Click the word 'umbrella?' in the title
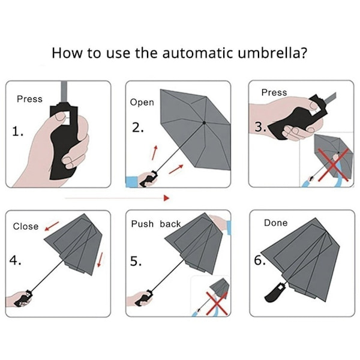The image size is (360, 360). (x=272, y=53)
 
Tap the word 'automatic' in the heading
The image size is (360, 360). (x=197, y=53)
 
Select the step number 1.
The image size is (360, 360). (x=17, y=131)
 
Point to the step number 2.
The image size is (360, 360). (x=138, y=128)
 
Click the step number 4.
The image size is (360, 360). (x=15, y=260)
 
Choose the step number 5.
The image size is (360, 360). (x=136, y=261)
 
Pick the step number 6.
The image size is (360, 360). (x=260, y=260)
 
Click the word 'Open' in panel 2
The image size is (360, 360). (x=142, y=103)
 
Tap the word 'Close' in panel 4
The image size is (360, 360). (x=26, y=226)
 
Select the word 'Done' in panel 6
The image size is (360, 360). (x=276, y=223)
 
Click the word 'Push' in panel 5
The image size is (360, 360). (x=142, y=224)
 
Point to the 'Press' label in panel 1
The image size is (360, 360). (x=29, y=99)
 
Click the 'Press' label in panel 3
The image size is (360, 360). (x=274, y=92)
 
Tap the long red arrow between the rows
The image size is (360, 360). (x=118, y=198)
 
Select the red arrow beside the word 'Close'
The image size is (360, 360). (x=52, y=226)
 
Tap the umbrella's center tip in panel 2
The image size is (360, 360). (x=204, y=123)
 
